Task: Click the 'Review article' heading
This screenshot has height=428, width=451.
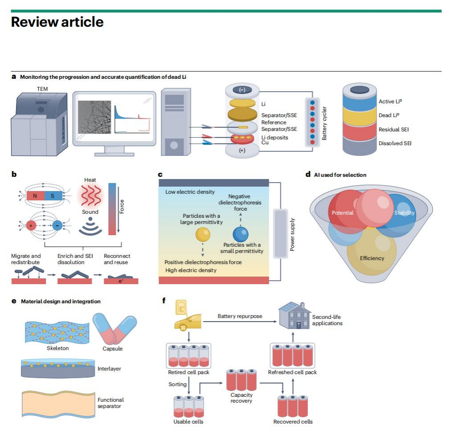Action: coord(57,22)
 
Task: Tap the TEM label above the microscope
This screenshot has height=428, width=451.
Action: coord(42,89)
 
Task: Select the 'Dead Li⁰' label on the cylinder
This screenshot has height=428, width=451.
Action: coord(389,115)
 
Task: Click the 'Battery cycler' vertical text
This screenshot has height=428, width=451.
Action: coord(324,123)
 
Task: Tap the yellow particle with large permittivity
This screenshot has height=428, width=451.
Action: coord(202,233)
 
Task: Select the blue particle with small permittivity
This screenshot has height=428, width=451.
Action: coord(241,233)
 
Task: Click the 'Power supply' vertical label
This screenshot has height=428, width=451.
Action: coord(293,234)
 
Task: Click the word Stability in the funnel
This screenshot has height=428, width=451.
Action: coord(404,213)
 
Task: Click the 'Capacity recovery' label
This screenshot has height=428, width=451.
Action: coord(241,398)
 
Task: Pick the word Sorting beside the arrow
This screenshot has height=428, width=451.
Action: coord(178,384)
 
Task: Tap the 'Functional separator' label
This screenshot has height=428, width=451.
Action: coord(111,403)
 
